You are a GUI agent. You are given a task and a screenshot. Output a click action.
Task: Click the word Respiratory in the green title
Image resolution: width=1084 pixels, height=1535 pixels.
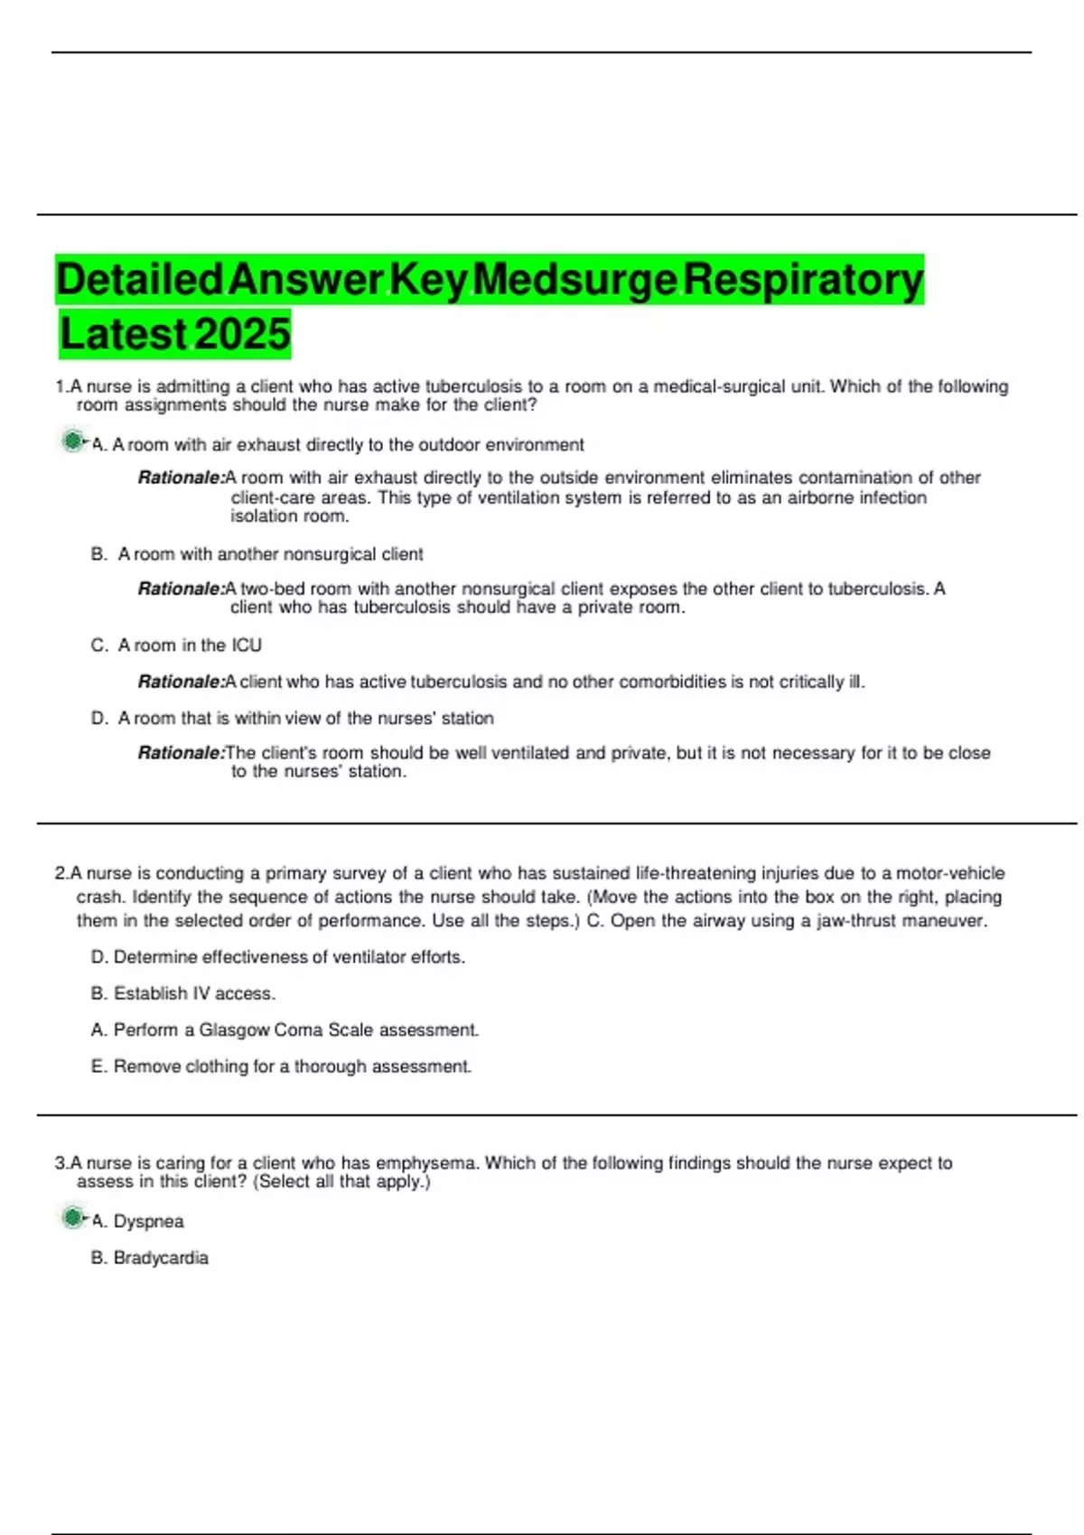[x=803, y=280]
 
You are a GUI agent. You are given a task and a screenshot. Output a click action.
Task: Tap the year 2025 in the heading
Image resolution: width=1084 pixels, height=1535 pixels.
[x=242, y=335]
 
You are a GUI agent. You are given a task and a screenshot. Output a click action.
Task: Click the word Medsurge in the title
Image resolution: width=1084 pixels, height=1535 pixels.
[x=575, y=280]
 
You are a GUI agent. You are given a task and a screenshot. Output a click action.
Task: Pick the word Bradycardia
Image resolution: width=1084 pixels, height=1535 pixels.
[x=161, y=1258]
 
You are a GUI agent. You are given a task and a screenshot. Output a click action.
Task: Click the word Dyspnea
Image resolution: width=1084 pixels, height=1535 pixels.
[x=149, y=1222]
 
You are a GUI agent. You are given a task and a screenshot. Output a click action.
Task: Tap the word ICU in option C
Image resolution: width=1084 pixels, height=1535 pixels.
[x=247, y=646]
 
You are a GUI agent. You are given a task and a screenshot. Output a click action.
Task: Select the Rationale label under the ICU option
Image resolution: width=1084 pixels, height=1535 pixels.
[x=181, y=682]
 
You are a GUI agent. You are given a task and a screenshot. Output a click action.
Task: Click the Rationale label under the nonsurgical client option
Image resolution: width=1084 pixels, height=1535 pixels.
[x=181, y=589]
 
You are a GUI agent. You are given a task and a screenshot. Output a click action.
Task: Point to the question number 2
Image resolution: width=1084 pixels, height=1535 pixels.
[x=61, y=874]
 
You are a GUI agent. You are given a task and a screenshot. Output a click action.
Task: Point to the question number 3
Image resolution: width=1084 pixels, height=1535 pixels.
[x=61, y=1164]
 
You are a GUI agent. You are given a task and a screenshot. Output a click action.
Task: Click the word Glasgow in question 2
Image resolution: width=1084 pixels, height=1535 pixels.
[x=234, y=1030]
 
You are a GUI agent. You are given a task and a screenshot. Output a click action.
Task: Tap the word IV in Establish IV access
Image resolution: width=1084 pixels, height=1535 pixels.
[x=201, y=994]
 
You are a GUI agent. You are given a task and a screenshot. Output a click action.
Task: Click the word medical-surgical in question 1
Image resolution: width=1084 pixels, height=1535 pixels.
[x=720, y=386]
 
